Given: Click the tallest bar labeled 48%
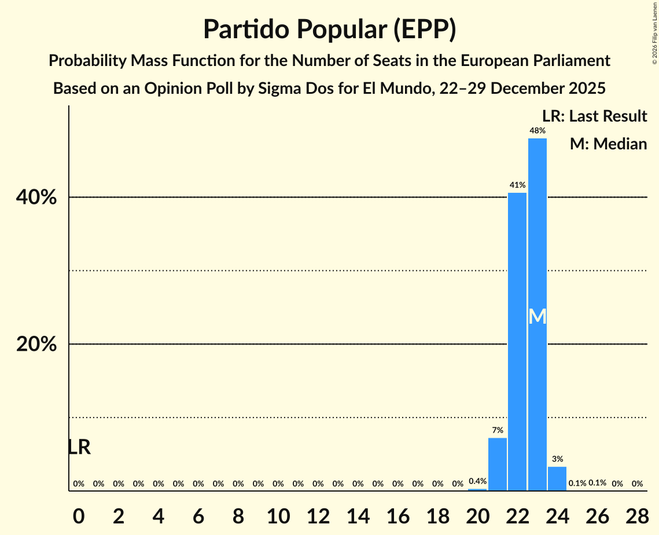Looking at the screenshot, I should (x=537, y=232).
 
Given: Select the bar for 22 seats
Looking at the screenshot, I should (x=517, y=342).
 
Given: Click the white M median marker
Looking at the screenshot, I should (x=537, y=316).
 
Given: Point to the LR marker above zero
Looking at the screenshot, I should (x=79, y=447).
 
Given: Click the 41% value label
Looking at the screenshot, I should (x=517, y=185).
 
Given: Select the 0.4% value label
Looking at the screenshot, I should (x=477, y=481).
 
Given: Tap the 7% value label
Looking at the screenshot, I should (x=498, y=430).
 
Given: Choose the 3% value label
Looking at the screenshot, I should (x=557, y=459).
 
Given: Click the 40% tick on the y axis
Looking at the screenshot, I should (x=36, y=198).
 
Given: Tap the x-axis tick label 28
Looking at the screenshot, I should (x=637, y=514).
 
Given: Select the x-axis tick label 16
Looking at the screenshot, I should (x=397, y=514).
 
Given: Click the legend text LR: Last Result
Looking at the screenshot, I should (x=595, y=116).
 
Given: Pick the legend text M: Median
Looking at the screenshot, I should (x=608, y=144).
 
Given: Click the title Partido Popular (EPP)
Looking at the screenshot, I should (x=329, y=30).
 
